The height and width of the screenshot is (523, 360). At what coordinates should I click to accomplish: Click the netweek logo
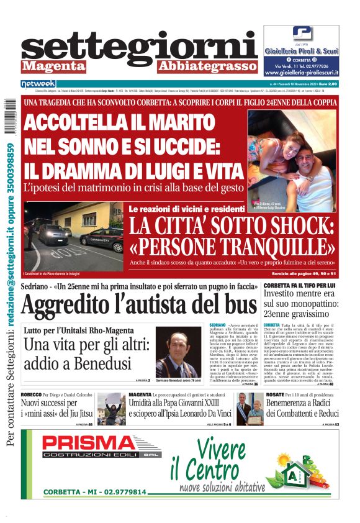click(x=38, y=83)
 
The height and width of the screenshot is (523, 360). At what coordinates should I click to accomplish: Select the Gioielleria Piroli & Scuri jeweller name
click(x=301, y=51)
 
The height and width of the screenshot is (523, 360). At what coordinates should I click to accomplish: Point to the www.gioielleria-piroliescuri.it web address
click(x=301, y=71)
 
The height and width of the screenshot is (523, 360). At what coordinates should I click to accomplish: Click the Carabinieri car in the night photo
click(x=101, y=237)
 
